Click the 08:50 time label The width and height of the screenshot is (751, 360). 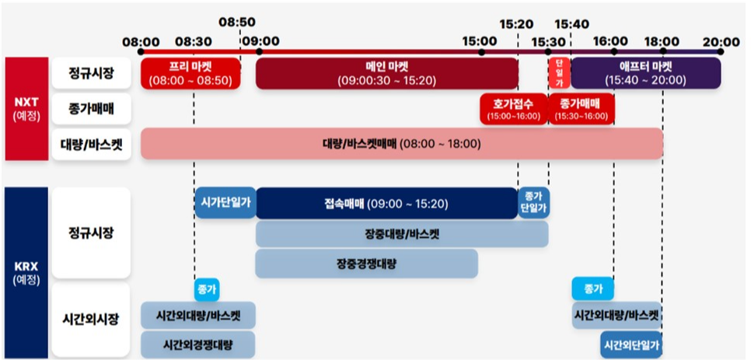(237, 23)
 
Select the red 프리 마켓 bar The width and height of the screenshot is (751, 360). (190, 73)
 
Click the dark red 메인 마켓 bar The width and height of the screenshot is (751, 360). (386, 73)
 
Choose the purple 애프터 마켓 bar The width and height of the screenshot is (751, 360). (645, 73)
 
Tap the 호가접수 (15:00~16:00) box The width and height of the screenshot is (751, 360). (512, 109)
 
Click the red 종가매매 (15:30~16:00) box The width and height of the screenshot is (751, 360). (581, 109)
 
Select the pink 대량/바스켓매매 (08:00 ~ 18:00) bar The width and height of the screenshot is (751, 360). (401, 144)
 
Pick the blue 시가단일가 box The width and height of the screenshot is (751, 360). (225, 203)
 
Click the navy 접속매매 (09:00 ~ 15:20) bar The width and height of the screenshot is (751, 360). (386, 204)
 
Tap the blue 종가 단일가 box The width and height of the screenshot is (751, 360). (534, 203)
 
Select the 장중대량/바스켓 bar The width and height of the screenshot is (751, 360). (401, 234)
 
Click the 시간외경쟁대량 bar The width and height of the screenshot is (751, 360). (197, 344)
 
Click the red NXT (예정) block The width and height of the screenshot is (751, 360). (26, 109)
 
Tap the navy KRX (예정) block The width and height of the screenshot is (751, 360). (26, 272)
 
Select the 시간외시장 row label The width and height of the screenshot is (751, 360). (90, 320)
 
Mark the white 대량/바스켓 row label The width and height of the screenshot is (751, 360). (90, 144)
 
